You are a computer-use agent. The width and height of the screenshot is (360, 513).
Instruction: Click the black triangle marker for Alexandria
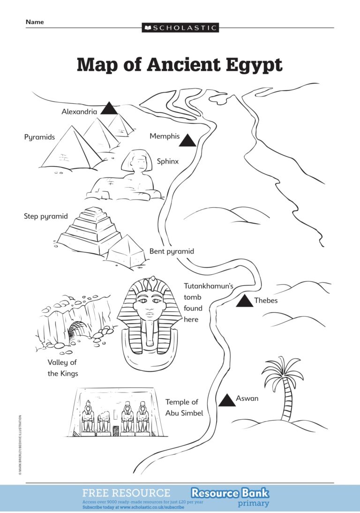[x=110, y=109]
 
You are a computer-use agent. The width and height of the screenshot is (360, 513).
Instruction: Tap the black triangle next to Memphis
[x=188, y=141]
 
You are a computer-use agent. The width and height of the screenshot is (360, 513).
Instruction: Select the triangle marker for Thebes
[x=245, y=302]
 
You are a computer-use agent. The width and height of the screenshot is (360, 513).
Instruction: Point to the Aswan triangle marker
[x=227, y=400]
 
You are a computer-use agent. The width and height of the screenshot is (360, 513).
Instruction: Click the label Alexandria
[x=79, y=112]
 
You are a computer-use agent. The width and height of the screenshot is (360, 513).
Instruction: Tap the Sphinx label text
[x=168, y=161]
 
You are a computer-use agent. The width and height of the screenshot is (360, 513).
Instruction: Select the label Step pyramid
[x=46, y=216]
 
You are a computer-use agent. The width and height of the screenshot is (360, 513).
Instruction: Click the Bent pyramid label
[x=172, y=251]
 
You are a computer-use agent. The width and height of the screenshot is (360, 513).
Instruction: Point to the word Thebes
[x=266, y=301]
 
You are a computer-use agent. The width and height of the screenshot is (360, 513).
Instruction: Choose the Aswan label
[x=247, y=399]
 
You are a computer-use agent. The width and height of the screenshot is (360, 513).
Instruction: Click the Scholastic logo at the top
[x=180, y=28]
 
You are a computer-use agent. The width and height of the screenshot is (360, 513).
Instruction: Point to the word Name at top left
[x=35, y=22]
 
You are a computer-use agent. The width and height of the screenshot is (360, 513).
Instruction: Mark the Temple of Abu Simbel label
[x=184, y=407]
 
